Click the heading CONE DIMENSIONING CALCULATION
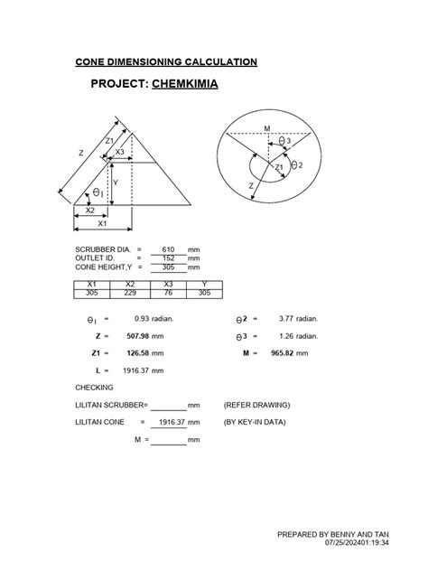165,61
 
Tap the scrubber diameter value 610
167,248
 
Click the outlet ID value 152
167,257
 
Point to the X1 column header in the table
91,284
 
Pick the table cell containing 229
129,293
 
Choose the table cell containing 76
166,293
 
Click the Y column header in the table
203,284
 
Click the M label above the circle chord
267,127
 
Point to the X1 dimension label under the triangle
102,223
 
